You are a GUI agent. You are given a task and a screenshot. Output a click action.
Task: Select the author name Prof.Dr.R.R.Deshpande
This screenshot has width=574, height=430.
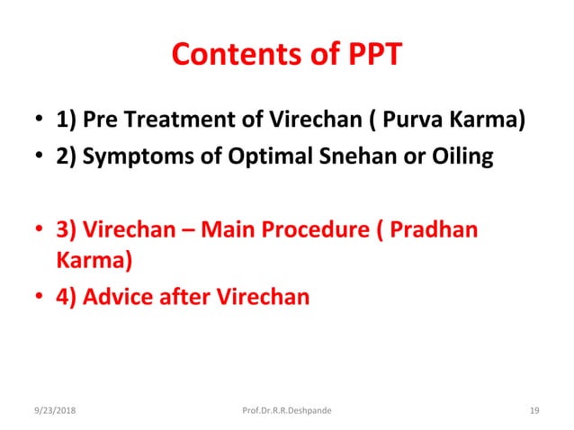coord(287,412)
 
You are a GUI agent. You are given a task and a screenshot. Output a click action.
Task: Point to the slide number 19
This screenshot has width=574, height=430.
coord(534,412)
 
